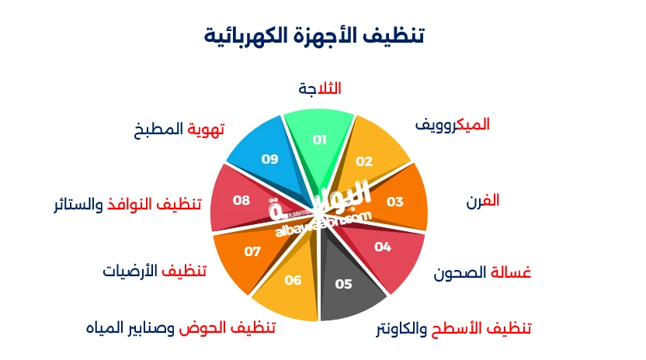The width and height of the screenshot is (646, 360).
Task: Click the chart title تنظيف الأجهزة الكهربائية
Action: click(314, 36)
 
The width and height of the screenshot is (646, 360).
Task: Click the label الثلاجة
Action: click(320, 88)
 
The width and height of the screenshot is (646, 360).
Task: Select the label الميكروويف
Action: click(453, 124)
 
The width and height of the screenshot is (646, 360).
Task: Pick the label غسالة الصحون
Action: click(482, 273)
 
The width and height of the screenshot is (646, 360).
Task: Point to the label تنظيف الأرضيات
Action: click(155, 271)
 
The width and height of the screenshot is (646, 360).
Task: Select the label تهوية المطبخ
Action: click(179, 129)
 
